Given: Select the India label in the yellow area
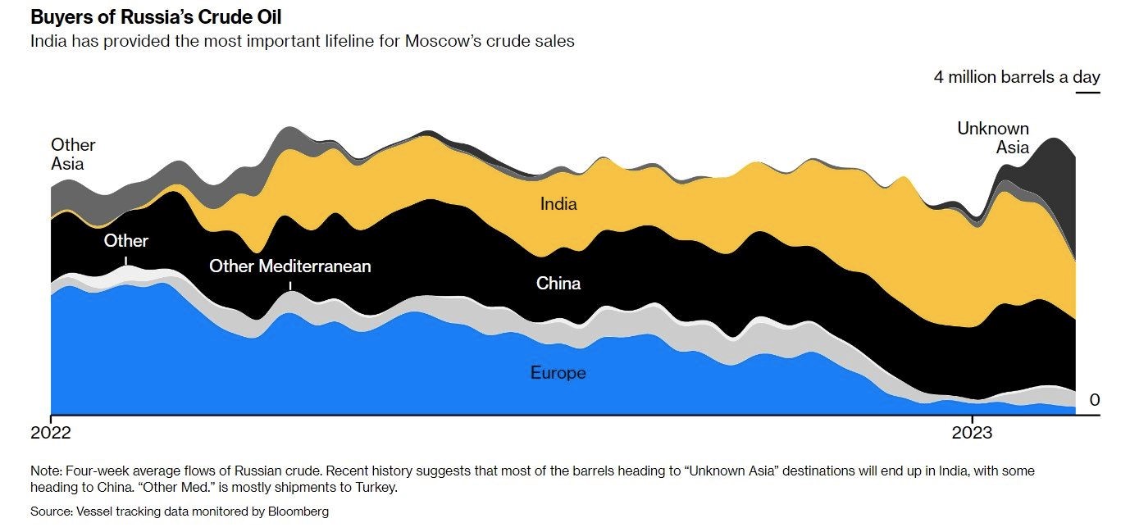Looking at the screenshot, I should point(558,203).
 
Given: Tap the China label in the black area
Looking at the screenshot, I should point(558,284).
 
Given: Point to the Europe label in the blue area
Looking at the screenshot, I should point(558,373).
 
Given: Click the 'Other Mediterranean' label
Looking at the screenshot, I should point(289,266).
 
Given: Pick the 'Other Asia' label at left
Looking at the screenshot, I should point(72,154).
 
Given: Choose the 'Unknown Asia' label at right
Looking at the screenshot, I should point(994,138).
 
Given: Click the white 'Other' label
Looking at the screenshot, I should point(125,241).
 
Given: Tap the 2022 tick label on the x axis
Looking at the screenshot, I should point(51,432).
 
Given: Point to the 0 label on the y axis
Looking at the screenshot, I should point(1094,400).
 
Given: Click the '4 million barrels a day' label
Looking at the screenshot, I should point(1017,77).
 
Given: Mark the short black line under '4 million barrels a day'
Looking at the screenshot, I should point(1087,92).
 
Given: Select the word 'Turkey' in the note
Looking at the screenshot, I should point(377,487).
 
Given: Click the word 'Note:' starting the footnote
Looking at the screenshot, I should point(46,471).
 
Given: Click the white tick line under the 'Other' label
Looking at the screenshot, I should point(125,260).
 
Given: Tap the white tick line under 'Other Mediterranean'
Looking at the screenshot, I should point(290,285).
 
